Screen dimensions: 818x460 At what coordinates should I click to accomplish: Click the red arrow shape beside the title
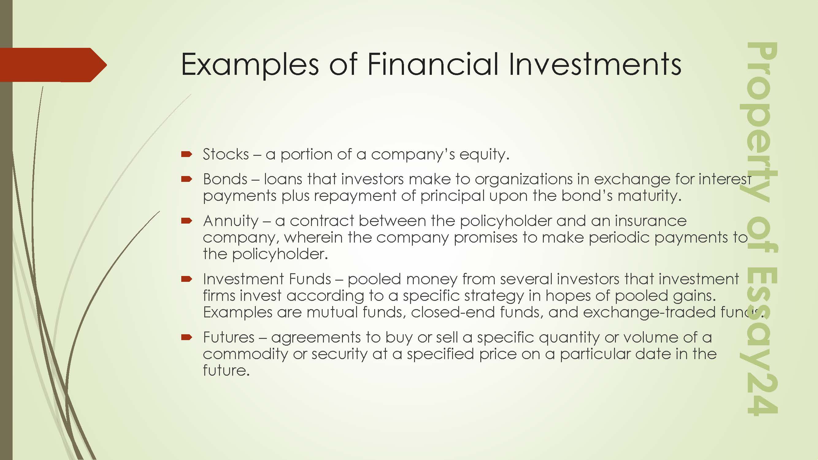tap(53, 65)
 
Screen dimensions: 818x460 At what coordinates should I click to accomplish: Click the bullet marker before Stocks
tap(187, 155)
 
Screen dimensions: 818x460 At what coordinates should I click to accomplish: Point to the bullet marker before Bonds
tap(187, 179)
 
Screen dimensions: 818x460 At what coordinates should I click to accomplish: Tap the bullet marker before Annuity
tap(187, 220)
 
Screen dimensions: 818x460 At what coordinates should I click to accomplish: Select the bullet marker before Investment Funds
tap(187, 279)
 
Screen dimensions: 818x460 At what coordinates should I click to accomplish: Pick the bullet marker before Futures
tap(187, 337)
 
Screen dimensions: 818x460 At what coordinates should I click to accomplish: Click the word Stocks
tap(226, 154)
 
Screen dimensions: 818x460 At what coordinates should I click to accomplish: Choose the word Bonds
tap(225, 179)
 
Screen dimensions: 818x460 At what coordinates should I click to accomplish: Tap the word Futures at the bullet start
tap(229, 337)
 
